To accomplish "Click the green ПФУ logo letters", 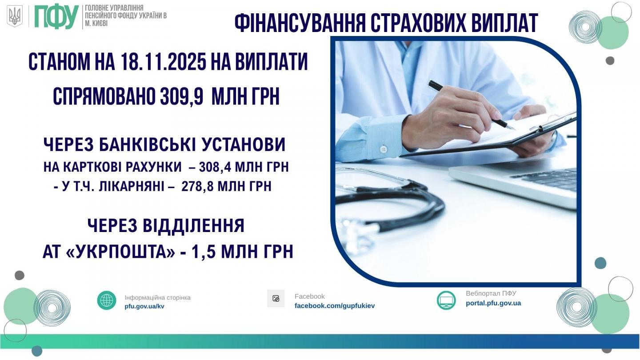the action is coord(56,17).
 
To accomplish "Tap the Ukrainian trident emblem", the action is coord(15,16).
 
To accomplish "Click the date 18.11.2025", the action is coord(163,62).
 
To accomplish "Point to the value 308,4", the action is coord(215,167).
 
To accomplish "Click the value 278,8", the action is coord(197,187).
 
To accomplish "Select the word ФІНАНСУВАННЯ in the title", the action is coord(300,23).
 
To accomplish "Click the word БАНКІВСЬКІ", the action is coord(148,144).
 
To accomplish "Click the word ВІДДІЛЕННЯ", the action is coord(193,226).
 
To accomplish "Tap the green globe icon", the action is coord(107,300).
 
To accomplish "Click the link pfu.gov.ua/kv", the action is coord(144,307).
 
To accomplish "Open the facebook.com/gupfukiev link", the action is coord(335,306).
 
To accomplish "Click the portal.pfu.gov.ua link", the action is coord(493,303).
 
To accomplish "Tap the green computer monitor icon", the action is coord(446,300).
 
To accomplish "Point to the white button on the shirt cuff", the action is coord(384,148).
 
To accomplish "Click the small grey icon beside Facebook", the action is coord(276,299).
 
